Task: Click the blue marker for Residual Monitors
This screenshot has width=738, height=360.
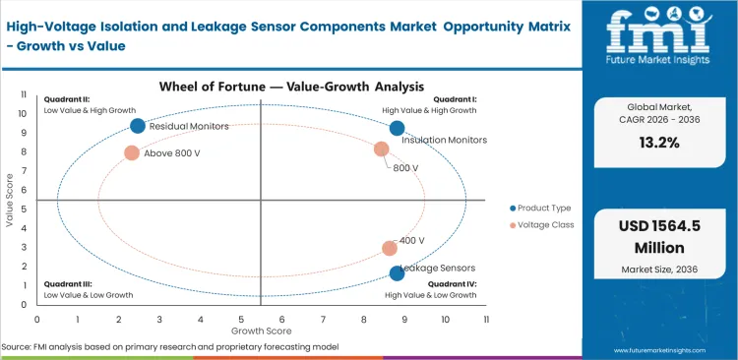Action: pyautogui.click(x=138, y=126)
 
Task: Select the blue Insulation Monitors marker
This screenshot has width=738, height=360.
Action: pyautogui.click(x=397, y=128)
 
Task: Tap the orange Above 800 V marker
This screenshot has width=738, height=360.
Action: pyautogui.click(x=132, y=152)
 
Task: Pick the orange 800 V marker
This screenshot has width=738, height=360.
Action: pyautogui.click(x=382, y=150)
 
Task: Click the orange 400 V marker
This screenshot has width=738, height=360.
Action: pyautogui.click(x=390, y=249)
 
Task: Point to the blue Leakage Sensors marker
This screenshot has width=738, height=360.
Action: pyautogui.click(x=397, y=273)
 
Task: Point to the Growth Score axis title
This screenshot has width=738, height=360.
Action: pyautogui.click(x=261, y=331)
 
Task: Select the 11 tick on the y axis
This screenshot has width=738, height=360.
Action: pyautogui.click(x=25, y=93)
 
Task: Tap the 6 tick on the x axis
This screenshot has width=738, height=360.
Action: pyautogui.click(x=281, y=320)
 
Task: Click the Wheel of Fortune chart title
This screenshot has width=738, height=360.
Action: pyautogui.click(x=261, y=86)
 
